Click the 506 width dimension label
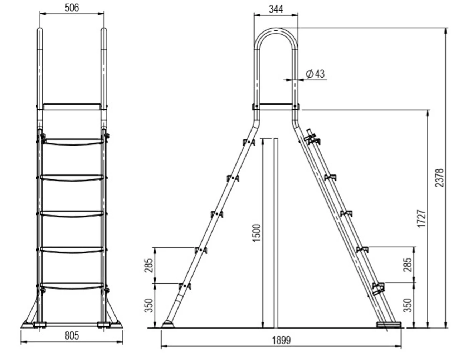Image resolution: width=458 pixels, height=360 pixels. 72,8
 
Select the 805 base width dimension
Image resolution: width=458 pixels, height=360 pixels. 72,336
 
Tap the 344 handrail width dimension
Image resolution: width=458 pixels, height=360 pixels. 276,9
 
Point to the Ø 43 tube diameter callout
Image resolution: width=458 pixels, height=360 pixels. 315,74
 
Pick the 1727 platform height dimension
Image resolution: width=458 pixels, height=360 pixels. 422,219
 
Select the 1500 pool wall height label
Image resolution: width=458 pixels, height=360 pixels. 257,233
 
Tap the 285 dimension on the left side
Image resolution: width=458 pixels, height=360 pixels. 150,265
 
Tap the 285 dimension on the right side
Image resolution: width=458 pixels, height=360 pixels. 408,265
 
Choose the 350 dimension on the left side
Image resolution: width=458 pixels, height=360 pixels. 150,305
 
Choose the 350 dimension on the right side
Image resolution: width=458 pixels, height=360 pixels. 408,305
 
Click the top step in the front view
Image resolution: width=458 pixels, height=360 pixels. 73,142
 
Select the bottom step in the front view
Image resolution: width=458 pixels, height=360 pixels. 73,286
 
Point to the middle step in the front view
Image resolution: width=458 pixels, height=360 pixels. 73,213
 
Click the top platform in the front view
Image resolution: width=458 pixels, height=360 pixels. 72,107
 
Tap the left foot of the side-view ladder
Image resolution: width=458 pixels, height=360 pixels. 167,325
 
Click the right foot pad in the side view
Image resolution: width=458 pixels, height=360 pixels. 389,325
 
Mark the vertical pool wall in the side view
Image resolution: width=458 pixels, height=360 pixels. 276,232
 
